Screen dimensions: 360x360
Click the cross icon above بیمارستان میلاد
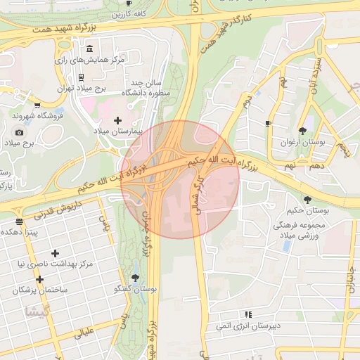pos(117,120)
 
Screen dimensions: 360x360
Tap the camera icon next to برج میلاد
pos(19,132)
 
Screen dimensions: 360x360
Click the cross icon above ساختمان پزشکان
pos(39,278)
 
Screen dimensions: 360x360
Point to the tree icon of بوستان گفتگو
pos(136,278)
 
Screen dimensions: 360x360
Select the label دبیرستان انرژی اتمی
pos(247,325)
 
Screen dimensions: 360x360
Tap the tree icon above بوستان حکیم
pos(307,199)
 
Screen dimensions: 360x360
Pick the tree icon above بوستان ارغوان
pos(302,130)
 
